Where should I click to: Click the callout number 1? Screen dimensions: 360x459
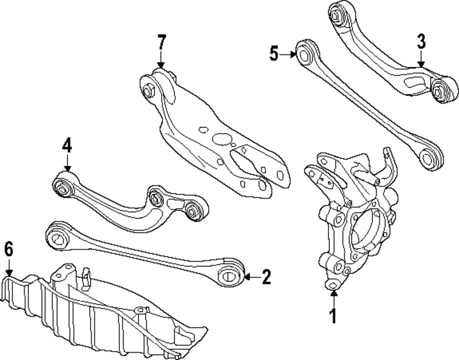click(x=333, y=316)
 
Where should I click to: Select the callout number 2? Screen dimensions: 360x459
click(x=266, y=276)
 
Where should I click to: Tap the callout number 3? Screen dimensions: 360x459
click(x=421, y=42)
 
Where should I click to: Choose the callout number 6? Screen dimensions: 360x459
click(x=9, y=250)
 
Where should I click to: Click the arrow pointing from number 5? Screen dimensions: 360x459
click(x=288, y=55)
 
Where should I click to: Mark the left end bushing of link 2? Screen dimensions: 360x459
click(x=58, y=238)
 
